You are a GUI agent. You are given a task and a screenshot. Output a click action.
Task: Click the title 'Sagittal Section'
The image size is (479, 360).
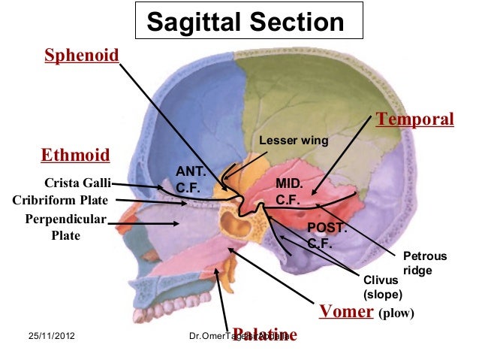coord(246,22)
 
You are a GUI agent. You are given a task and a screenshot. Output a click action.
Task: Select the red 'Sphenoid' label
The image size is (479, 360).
coord(82,56)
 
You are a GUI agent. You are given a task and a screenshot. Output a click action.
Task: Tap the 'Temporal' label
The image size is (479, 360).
coord(415,119)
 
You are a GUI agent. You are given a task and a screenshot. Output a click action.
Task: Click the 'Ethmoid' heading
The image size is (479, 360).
coord(75,156)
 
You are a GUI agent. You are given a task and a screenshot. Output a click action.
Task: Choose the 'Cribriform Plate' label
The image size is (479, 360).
coord(61,201)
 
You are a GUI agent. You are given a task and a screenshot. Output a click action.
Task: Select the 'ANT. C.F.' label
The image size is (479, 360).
coord(187,179)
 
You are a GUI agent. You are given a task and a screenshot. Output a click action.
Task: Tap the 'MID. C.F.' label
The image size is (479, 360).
coord(288,192)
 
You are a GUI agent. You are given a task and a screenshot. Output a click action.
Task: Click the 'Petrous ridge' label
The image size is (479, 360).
coord(424,263)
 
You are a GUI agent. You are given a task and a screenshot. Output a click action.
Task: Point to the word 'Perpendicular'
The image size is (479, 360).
coord(66,220)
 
